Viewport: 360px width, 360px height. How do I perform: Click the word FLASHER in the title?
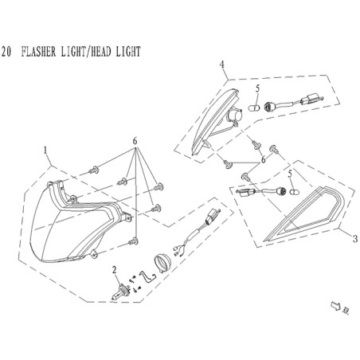[x=38, y=52]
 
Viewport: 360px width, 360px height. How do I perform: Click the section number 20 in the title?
[x=6, y=52]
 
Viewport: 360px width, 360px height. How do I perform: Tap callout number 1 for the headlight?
[x=45, y=151]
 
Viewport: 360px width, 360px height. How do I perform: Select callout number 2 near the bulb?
[x=115, y=270]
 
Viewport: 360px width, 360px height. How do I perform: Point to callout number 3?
[x=355, y=239]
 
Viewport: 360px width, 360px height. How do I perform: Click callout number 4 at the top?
[x=221, y=65]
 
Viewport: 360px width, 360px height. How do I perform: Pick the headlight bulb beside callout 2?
[x=120, y=292]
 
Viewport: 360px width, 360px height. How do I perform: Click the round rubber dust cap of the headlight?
[x=162, y=262]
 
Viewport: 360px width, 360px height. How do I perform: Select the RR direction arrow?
[x=336, y=306]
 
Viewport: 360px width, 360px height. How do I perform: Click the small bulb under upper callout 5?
[x=255, y=108]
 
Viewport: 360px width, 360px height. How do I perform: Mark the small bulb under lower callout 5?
[x=293, y=192]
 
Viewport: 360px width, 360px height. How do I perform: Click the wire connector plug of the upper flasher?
[x=311, y=99]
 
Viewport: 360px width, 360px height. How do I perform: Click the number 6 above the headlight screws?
[x=135, y=142]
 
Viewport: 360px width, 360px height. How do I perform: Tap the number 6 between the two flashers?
[x=263, y=160]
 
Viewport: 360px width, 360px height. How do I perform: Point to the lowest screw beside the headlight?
[x=133, y=241]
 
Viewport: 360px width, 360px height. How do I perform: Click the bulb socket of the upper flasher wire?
[x=269, y=107]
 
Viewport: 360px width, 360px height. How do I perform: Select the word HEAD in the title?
[x=100, y=52]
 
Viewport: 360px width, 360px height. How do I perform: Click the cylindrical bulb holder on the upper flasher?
[x=235, y=115]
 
